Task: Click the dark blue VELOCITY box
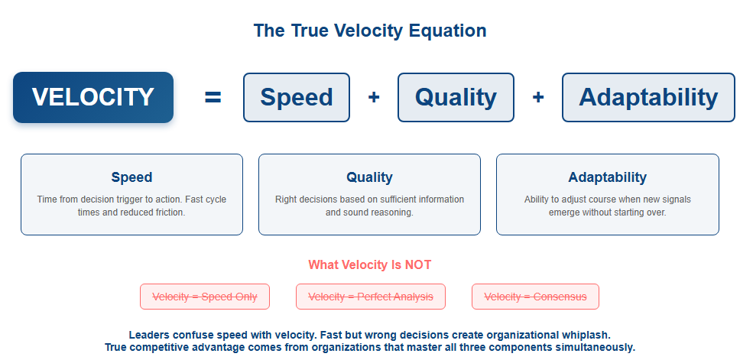point(93,97)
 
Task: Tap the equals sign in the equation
point(213,97)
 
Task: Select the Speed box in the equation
point(297,97)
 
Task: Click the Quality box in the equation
point(456,97)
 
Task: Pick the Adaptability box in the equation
point(648,97)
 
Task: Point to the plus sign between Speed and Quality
point(374,97)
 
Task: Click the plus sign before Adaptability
point(538,97)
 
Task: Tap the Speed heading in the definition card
point(131,177)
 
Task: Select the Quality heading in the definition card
point(369,177)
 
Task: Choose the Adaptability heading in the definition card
point(608,177)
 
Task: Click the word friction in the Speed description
point(170,212)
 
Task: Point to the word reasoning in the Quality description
point(392,212)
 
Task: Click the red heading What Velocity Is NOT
point(369,264)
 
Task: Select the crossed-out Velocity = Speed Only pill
point(205,297)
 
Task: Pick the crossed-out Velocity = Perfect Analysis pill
point(371,297)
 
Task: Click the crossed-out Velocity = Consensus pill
point(535,297)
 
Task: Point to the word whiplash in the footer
point(586,336)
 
